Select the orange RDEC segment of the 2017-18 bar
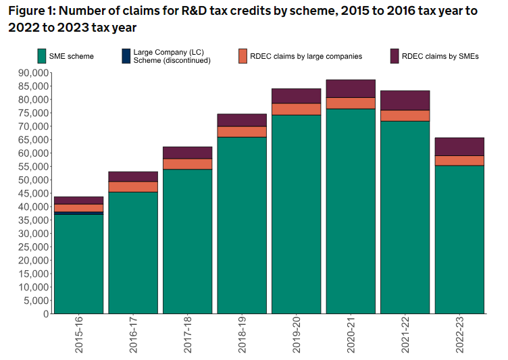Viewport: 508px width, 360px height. coord(188,164)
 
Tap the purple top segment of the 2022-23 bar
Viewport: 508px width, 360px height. coord(459,147)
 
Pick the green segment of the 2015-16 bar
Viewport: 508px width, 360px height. coord(79,263)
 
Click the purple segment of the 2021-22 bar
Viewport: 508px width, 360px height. coord(405,100)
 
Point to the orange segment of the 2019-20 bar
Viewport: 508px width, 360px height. coord(297,109)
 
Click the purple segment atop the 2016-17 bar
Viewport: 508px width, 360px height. coord(133,176)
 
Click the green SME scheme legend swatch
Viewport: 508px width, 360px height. coord(42,56)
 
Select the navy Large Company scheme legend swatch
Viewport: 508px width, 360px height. coord(126,56)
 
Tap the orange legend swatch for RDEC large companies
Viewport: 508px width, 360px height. coord(243,56)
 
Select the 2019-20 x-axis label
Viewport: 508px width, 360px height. coord(297,336)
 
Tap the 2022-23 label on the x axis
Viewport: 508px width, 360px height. coord(459,336)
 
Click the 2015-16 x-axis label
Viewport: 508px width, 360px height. coord(79,336)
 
